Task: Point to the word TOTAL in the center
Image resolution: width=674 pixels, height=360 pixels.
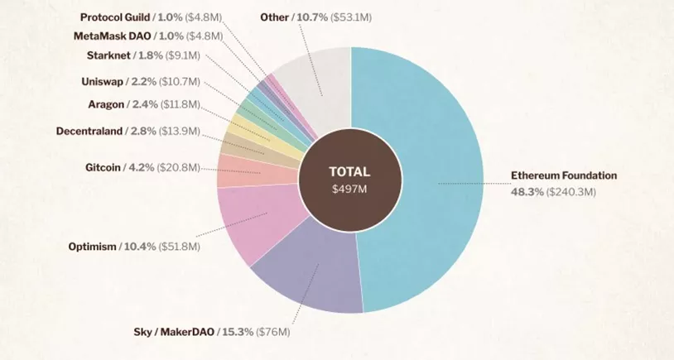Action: [349, 172]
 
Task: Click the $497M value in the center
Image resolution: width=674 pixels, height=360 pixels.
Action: [349, 190]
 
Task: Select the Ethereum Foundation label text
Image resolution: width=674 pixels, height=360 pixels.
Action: [563, 175]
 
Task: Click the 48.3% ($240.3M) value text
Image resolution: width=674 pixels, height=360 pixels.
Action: [553, 192]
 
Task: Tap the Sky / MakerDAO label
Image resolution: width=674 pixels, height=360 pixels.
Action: [175, 332]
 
